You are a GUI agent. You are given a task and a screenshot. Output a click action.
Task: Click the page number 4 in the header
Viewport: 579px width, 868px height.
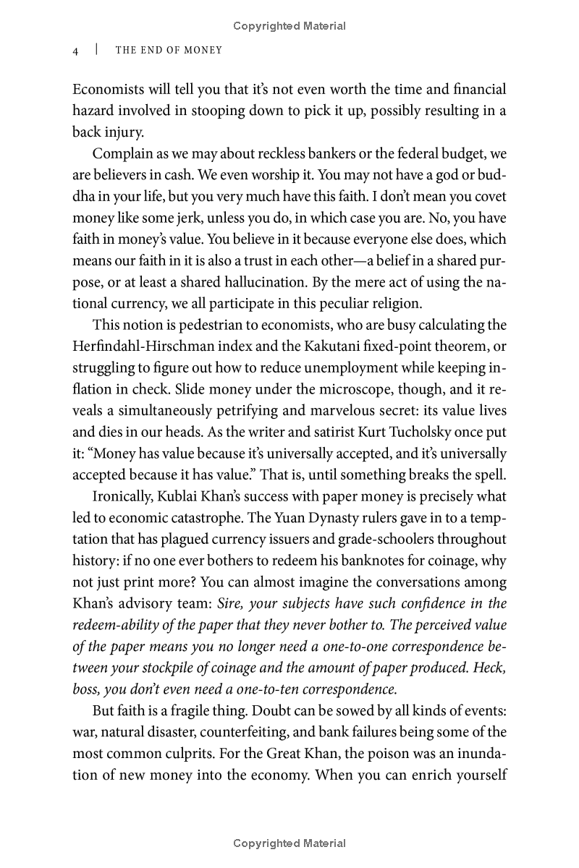pos(75,51)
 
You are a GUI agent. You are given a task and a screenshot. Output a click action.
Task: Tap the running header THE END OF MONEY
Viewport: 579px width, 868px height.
pos(169,51)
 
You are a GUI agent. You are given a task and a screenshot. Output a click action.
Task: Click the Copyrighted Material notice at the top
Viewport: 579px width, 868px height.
pos(289,26)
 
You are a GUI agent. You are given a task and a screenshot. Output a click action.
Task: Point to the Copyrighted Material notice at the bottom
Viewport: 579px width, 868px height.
pos(289,843)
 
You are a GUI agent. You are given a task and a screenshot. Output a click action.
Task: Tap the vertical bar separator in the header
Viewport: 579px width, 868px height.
pos(96,51)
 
